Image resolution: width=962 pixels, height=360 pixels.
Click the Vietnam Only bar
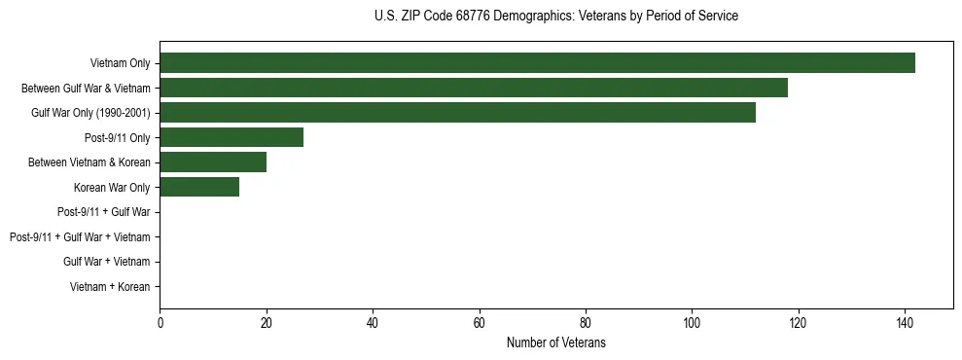[537, 63]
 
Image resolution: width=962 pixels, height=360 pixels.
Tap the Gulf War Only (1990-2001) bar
[457, 113]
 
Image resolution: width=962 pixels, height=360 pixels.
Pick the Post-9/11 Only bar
[232, 137]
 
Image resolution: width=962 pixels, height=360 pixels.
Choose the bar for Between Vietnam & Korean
[213, 162]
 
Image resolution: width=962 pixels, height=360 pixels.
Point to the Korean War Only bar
[199, 187]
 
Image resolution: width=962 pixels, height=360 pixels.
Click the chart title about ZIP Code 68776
[555, 17]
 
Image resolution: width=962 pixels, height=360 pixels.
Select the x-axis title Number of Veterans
[555, 342]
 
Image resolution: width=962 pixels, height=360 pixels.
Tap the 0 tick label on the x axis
[160, 324]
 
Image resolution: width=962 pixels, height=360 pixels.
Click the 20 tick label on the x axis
[267, 324]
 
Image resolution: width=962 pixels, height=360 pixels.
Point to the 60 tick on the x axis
[479, 324]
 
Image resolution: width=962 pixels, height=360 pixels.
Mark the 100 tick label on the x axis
[692, 324]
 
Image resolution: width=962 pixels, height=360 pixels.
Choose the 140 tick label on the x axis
[905, 324]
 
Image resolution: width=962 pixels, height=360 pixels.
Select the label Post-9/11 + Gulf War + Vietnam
[80, 237]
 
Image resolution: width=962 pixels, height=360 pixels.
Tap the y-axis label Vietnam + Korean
[110, 287]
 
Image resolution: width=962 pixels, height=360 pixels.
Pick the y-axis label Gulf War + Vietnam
[106, 262]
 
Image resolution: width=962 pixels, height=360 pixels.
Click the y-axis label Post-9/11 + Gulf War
[103, 212]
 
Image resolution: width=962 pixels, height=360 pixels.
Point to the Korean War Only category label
[112, 188]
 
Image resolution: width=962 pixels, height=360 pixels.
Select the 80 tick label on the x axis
[586, 324]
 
